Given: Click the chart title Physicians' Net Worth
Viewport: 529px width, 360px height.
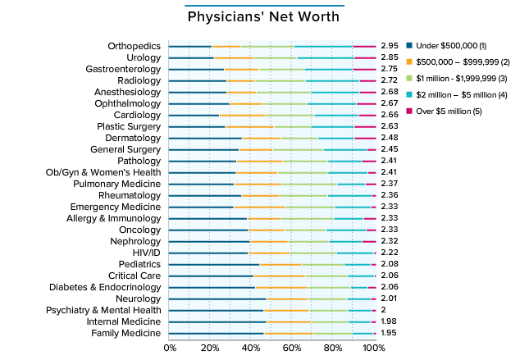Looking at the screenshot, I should [263, 16].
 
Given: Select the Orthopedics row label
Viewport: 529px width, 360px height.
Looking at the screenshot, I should [134, 46].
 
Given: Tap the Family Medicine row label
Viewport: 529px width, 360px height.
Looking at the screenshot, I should [125, 334].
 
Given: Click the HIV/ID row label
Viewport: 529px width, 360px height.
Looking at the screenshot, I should [141, 253].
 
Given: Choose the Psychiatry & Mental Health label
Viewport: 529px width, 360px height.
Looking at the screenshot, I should [103, 311].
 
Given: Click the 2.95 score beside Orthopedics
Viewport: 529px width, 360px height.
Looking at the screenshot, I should [390, 46].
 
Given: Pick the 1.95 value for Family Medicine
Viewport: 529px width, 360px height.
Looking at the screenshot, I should [390, 334].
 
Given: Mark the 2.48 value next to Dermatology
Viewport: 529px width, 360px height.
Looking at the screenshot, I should [390, 138].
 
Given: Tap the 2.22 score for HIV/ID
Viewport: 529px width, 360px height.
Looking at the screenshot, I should [390, 253].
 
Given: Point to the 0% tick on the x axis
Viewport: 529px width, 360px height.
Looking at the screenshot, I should [171, 349].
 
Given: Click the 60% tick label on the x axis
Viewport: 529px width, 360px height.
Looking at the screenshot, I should [292, 349].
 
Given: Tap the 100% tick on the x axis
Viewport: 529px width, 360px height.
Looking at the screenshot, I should [374, 349].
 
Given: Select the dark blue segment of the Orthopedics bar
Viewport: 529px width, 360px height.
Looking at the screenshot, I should [189, 46].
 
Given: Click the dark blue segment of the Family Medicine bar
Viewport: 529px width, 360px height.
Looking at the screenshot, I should [217, 334].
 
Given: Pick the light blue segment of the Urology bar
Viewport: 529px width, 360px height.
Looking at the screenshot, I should [325, 57].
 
